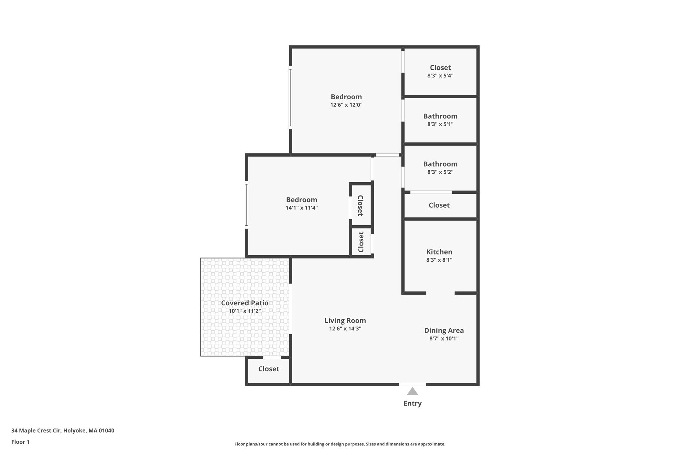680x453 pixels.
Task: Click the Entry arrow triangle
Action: (x=412, y=392)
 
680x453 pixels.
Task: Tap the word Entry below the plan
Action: (x=412, y=404)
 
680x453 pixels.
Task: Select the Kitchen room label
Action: (x=439, y=252)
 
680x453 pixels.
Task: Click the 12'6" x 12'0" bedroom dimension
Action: (x=346, y=105)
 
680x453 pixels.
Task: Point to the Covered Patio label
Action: (x=245, y=303)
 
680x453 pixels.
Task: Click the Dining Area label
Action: (x=444, y=331)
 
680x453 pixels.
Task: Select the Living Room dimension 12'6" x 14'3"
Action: (x=345, y=329)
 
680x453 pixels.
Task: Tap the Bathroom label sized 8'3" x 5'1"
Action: (x=440, y=116)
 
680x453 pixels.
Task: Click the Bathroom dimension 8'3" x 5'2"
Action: (x=440, y=172)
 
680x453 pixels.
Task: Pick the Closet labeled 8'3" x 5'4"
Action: (x=440, y=68)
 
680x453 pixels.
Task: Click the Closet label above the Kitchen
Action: (x=439, y=205)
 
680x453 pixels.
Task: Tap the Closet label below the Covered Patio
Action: (x=269, y=369)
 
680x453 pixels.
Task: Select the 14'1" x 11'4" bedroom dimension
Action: (x=301, y=208)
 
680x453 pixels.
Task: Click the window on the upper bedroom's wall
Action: (x=291, y=98)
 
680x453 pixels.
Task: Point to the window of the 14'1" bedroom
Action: (x=246, y=205)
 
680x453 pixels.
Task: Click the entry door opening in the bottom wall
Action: (x=412, y=384)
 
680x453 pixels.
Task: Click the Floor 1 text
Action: (x=20, y=442)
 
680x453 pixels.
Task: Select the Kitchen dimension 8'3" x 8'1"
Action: (x=439, y=260)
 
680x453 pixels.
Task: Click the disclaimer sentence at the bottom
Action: (x=340, y=444)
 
